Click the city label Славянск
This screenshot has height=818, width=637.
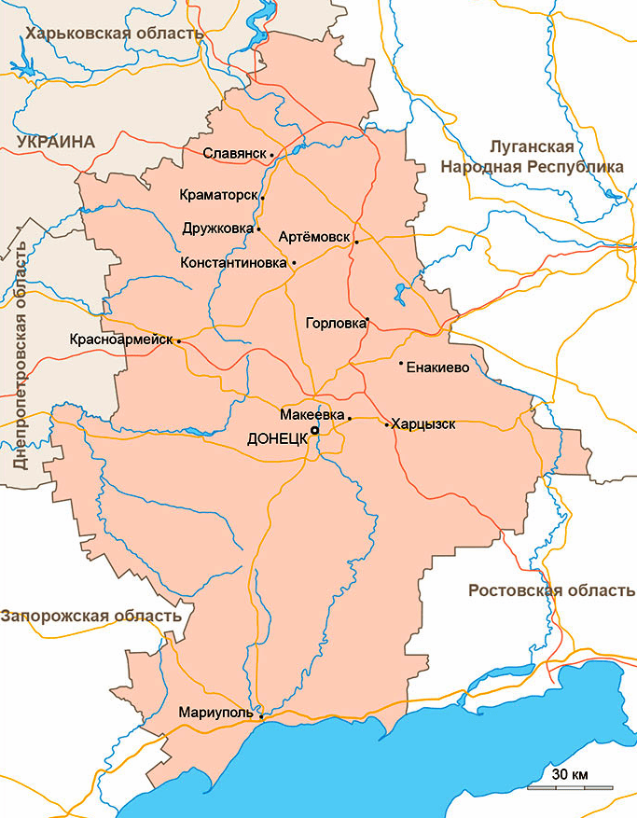tap(235, 154)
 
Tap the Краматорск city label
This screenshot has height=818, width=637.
tap(219, 196)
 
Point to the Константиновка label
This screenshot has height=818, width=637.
tap(233, 262)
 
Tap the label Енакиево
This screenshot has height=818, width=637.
tap(436, 367)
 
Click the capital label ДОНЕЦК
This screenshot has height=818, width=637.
tap(278, 438)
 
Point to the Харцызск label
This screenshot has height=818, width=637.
tap(423, 424)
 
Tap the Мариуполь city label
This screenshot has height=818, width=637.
tap(215, 713)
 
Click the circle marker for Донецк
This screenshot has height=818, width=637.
tap(315, 431)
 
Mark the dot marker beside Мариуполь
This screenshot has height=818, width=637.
tap(260, 715)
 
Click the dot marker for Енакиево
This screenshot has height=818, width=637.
tap(401, 363)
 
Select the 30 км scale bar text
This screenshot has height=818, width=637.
tap(569, 774)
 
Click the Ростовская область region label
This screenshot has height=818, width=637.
tap(551, 590)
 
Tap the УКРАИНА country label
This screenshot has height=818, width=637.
tap(56, 142)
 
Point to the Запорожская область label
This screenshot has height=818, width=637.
tap(91, 616)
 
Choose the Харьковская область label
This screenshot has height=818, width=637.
tap(116, 34)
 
